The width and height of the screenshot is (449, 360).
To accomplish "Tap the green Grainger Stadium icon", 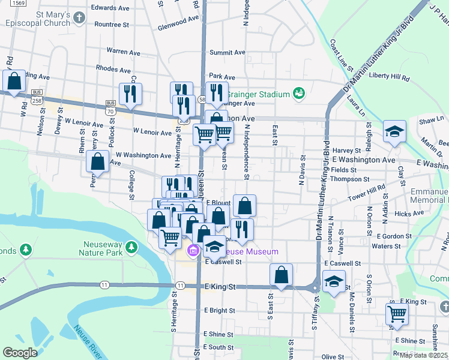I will click(299, 93).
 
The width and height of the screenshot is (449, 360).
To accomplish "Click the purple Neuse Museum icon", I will click(194, 251).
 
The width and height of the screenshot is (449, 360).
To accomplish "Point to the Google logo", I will click(20, 353).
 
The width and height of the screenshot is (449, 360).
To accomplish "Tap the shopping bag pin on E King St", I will click(281, 275).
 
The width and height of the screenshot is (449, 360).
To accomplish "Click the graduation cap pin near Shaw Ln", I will click(394, 131).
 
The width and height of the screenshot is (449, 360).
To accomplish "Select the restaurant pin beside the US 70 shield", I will click(130, 94).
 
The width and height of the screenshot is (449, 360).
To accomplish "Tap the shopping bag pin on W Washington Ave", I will click(97, 161).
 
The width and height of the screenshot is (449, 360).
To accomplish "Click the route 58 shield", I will click(202, 99).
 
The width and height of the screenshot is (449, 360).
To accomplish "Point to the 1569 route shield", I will click(18, 3).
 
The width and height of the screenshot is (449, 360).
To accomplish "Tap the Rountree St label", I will click(112, 25).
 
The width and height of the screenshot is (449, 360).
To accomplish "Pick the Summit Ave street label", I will click(228, 52).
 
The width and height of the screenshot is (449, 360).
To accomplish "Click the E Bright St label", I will click(219, 310).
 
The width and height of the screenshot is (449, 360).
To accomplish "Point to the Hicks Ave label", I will click(410, 214).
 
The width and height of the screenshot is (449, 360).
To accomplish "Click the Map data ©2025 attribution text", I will click(424, 355).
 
